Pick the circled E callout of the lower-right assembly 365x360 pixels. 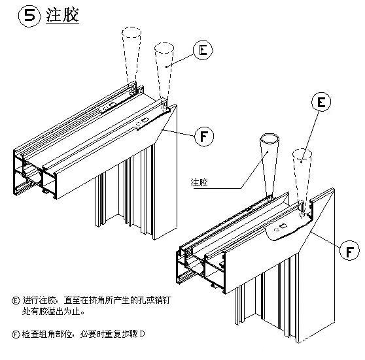[x=321, y=101]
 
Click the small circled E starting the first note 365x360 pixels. [x=16, y=301]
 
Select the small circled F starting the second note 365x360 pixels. [x=16, y=335]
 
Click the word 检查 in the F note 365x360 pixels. [x=30, y=335]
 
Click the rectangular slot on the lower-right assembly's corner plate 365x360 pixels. [x=285, y=227]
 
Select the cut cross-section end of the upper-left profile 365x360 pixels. [x=33, y=173]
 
